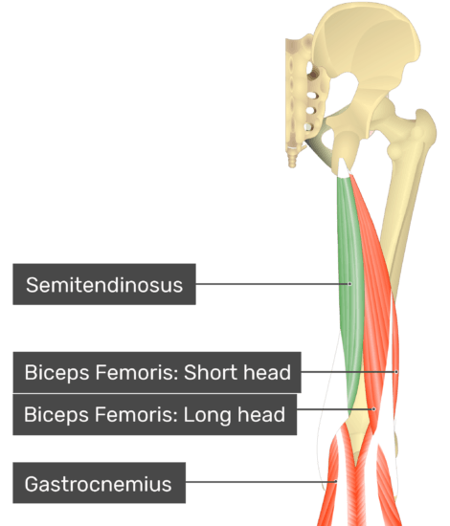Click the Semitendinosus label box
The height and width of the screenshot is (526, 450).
104,284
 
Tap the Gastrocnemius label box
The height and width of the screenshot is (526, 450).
99,483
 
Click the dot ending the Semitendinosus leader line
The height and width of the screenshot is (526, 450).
349,284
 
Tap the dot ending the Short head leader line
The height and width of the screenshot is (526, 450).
396,372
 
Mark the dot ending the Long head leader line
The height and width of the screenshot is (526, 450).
373,409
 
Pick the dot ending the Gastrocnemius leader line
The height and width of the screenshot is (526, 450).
335,482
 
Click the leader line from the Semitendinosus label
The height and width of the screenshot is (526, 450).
273,284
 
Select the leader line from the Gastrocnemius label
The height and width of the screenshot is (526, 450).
260,482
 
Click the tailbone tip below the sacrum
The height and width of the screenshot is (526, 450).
292,161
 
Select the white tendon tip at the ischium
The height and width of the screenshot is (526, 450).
343,167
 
